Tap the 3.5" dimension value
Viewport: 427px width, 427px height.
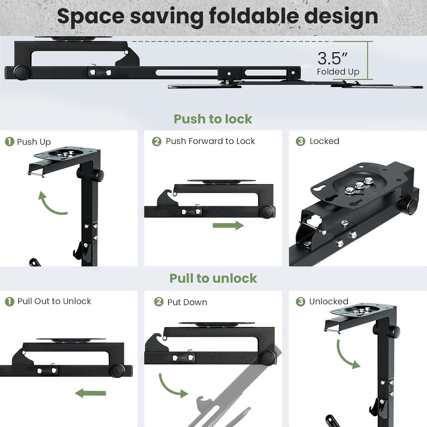332,58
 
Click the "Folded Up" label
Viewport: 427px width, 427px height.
338,72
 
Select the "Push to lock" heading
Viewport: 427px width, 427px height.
213,119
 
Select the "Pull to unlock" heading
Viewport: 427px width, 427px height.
213,278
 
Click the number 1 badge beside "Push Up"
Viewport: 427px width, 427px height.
9,142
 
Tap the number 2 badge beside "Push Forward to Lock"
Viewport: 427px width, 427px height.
157,141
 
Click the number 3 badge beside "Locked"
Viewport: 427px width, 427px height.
300,141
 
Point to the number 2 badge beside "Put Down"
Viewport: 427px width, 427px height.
159,302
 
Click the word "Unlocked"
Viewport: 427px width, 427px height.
329,301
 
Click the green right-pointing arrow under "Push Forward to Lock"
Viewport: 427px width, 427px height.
228,225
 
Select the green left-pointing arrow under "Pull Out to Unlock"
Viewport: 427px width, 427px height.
90,393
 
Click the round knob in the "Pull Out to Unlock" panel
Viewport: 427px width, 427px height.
117,371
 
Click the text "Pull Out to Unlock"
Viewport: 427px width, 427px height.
54,301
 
